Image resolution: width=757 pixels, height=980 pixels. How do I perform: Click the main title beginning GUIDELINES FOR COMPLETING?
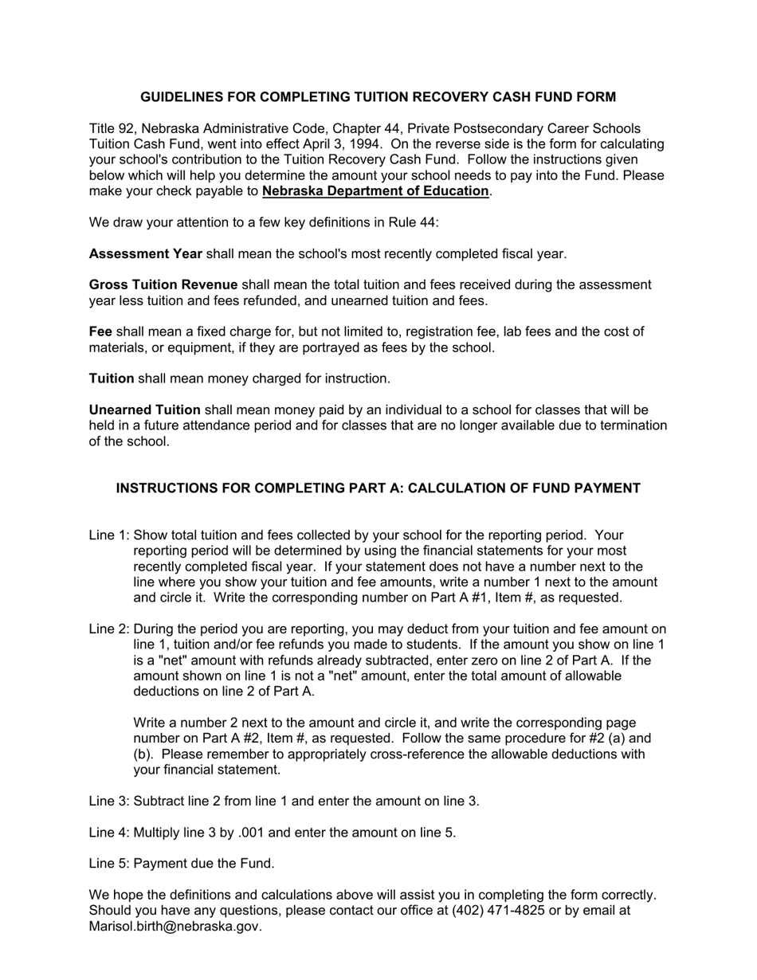tap(378, 97)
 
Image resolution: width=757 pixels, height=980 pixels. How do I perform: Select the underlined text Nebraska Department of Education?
tap(375, 191)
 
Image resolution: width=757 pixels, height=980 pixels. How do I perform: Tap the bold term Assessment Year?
tap(146, 254)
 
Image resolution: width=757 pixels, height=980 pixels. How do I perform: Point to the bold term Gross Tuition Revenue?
tap(163, 285)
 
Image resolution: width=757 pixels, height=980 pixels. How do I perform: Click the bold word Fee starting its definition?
tap(100, 331)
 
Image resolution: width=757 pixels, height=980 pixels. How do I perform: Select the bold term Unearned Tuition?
tap(145, 410)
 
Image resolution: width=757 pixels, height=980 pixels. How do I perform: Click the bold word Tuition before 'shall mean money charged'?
tap(112, 378)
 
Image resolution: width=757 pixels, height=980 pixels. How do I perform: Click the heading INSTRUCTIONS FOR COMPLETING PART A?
tap(378, 488)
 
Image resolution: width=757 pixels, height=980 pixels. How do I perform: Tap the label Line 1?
tap(109, 535)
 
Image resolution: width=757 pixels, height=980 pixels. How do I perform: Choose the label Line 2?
tap(109, 629)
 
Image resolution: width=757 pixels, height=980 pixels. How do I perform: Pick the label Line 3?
tap(109, 802)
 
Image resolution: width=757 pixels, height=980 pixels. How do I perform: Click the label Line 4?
tap(109, 833)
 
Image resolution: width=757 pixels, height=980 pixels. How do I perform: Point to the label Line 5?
tap(109, 864)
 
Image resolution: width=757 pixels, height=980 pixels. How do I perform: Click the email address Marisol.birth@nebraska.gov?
tap(175, 927)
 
